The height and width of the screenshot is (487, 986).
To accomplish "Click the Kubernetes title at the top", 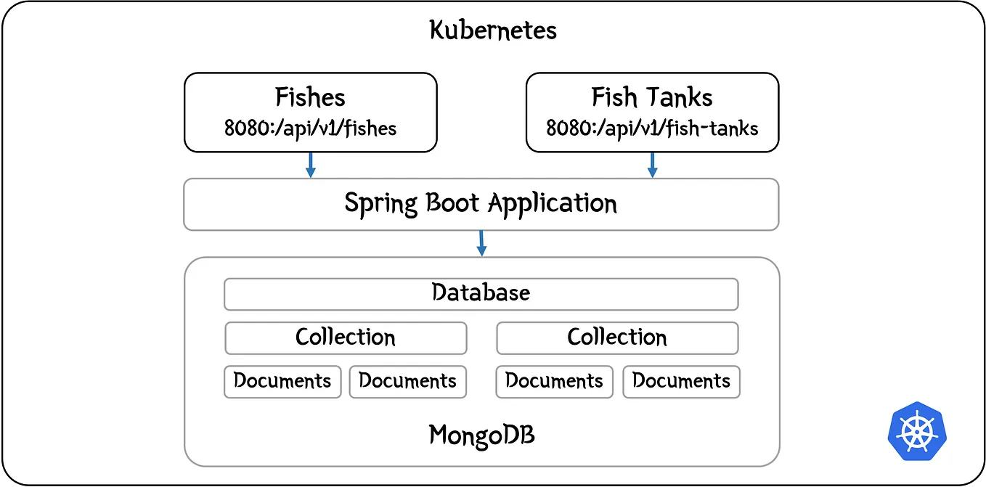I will [x=493, y=30].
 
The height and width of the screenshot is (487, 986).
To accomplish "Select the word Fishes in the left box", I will [x=310, y=97].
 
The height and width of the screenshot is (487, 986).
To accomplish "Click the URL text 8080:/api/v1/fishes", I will [x=310, y=129].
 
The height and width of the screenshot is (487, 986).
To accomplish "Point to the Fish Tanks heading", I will [x=651, y=97].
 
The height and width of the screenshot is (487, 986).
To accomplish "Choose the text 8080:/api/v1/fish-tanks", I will [x=651, y=129].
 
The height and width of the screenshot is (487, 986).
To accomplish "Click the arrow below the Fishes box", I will [x=310, y=165].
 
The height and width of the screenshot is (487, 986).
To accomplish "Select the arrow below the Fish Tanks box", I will [x=652, y=165].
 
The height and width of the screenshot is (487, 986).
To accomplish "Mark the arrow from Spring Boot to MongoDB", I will [x=481, y=243].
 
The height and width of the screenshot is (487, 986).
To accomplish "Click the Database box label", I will [x=481, y=293].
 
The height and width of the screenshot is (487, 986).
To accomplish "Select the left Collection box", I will [x=346, y=337].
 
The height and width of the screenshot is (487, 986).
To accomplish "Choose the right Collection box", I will [x=617, y=337].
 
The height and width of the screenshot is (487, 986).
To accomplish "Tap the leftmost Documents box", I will [x=282, y=381].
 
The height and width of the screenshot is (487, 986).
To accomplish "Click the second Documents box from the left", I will [x=407, y=381].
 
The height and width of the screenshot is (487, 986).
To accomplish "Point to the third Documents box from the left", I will [x=554, y=381].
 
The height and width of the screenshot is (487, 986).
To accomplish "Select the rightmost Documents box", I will [x=681, y=381].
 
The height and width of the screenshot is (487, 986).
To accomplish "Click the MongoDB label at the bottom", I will [x=482, y=435].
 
